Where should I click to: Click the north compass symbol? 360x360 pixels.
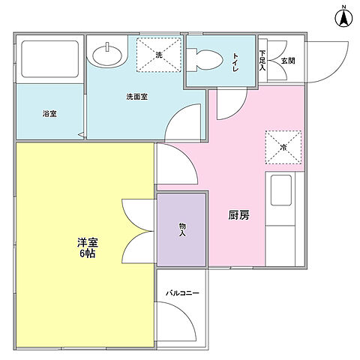(x=343, y=16)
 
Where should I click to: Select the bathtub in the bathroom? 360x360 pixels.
(x=49, y=60)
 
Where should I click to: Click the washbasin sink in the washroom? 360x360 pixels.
(x=109, y=54)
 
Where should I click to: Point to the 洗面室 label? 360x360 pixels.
(x=136, y=97)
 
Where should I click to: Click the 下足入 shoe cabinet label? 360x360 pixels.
(x=262, y=59)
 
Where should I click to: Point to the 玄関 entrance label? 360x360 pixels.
(x=288, y=60)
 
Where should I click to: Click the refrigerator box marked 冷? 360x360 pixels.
(x=283, y=147)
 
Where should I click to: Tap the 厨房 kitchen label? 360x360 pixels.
(x=238, y=214)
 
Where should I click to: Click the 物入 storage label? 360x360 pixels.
(x=182, y=229)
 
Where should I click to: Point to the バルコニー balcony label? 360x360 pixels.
(x=182, y=293)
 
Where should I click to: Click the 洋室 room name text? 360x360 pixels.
(x=88, y=241)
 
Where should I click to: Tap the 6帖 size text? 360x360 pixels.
(x=88, y=253)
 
